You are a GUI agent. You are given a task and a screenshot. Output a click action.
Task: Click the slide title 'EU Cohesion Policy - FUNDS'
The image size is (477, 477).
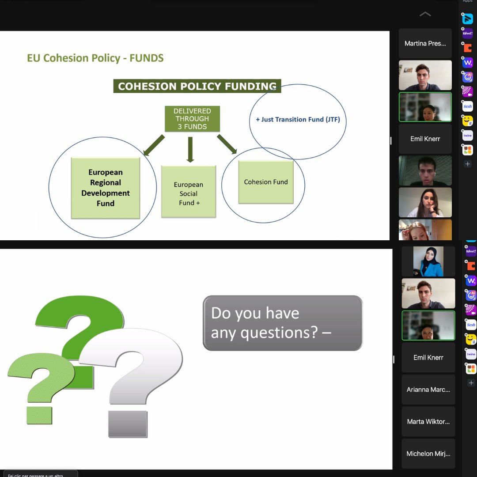coord(95,58)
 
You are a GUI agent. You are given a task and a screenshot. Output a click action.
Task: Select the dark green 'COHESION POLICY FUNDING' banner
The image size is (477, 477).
coord(197,86)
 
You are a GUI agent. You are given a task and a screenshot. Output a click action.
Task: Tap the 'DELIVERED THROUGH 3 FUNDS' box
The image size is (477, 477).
coord(192,119)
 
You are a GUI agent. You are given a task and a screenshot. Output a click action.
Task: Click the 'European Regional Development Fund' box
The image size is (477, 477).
coord(106,188)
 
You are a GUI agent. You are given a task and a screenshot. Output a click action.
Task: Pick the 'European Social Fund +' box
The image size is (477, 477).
coord(189,192)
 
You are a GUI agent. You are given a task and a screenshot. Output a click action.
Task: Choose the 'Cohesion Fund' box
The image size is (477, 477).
coord(266,182)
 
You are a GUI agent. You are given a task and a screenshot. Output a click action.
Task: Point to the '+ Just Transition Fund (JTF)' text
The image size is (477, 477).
coord(298,119)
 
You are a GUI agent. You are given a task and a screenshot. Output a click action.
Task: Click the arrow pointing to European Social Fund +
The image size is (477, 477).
coord(190,149)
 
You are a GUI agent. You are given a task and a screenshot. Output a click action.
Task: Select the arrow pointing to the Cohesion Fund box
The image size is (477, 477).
coord(227,144)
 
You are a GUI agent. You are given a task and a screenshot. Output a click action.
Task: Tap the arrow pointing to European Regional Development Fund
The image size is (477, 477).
coord(154,145)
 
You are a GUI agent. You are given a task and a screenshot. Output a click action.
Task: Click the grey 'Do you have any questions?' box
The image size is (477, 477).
coord(282,323)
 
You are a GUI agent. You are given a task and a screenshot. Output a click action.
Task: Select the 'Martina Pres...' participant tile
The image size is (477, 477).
coord(425,43)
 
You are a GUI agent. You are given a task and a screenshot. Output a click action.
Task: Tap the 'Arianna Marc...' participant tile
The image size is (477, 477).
coord(428,390)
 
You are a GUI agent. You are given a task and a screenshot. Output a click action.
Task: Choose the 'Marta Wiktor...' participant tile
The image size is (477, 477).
coord(428,421)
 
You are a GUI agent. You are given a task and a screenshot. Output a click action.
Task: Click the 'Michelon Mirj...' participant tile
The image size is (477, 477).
coord(428,454)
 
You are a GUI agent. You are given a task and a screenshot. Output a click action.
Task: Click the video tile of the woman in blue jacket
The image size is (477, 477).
coord(428,261)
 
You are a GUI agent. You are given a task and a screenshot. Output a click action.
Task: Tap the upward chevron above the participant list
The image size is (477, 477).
coord(425,14)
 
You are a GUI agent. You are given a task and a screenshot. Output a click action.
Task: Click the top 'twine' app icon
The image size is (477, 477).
coord(468,136)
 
